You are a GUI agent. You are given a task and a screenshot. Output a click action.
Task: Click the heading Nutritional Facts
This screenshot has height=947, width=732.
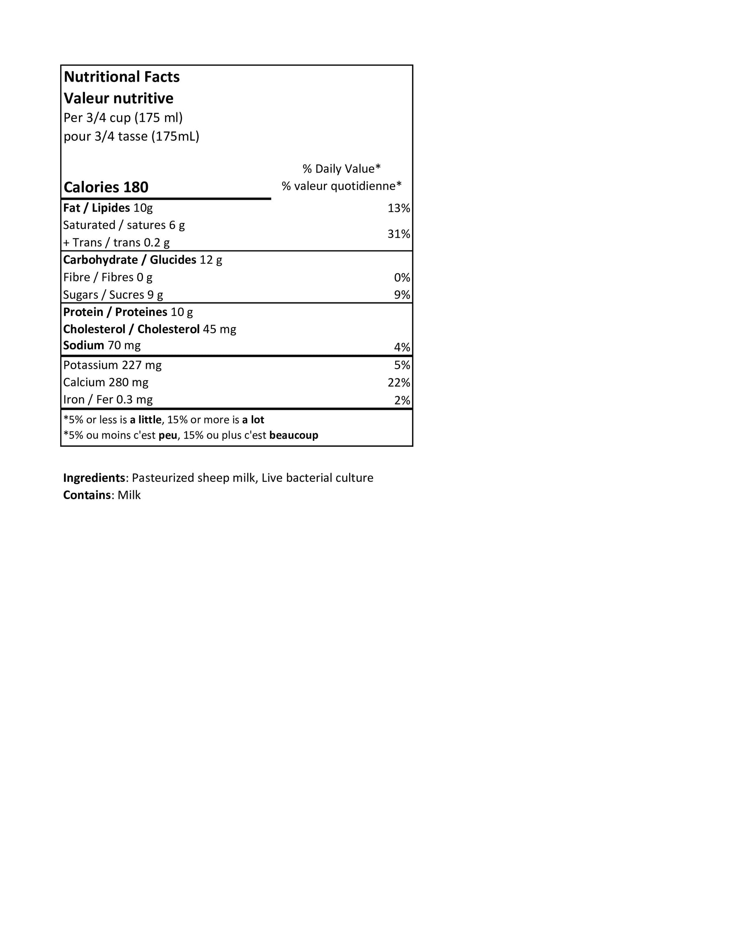[121, 77]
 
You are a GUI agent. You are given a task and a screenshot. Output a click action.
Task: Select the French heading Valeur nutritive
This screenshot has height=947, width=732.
[118, 99]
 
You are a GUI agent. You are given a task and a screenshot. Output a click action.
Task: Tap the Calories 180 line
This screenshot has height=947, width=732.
[106, 187]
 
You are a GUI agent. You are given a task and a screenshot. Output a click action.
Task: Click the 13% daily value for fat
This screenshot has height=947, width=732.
[398, 208]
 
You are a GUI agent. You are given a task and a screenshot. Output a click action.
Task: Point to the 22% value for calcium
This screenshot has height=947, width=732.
[398, 382]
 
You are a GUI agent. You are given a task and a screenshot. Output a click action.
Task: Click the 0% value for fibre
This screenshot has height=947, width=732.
[402, 278]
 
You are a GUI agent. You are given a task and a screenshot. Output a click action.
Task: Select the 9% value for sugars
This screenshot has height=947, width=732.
[402, 295]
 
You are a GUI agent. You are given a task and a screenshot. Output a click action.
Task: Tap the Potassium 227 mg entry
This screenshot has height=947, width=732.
[112, 365]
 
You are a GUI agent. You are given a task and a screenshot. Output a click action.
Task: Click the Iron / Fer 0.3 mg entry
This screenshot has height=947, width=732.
[108, 400]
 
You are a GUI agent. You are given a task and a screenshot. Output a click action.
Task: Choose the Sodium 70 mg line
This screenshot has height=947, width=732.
[102, 346]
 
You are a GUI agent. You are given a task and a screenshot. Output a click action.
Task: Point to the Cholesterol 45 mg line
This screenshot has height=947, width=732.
[150, 329]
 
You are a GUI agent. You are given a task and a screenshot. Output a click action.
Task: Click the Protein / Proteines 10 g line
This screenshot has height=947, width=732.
[128, 312]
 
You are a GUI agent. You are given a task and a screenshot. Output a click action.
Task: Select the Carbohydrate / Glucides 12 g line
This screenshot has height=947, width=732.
[143, 260]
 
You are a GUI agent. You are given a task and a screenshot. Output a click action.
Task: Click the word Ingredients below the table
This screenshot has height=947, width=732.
[94, 478]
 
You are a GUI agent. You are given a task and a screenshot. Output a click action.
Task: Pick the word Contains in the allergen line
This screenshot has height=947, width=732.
[87, 495]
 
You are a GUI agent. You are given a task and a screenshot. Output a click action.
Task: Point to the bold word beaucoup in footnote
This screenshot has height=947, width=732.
[293, 436]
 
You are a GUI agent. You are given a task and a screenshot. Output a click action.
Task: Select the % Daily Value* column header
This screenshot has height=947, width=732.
[341, 168]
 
